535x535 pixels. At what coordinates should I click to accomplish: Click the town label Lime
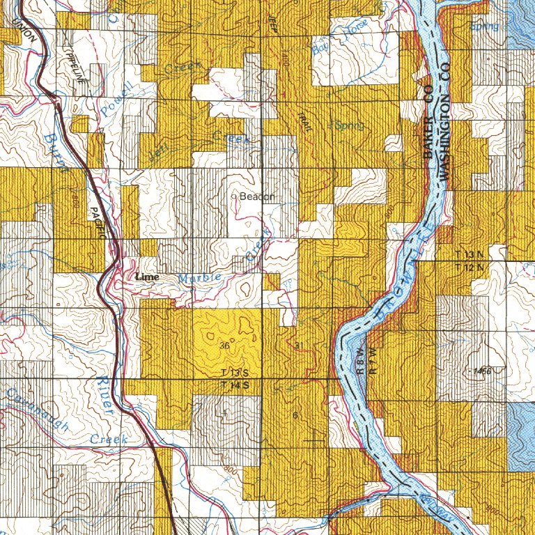coord(147,277)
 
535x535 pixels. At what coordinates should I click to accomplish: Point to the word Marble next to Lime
coord(200,277)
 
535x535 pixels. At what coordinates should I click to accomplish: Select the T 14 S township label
coord(235,385)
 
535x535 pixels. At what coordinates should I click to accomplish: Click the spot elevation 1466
coord(481,371)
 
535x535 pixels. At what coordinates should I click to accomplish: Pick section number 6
coord(295,416)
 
